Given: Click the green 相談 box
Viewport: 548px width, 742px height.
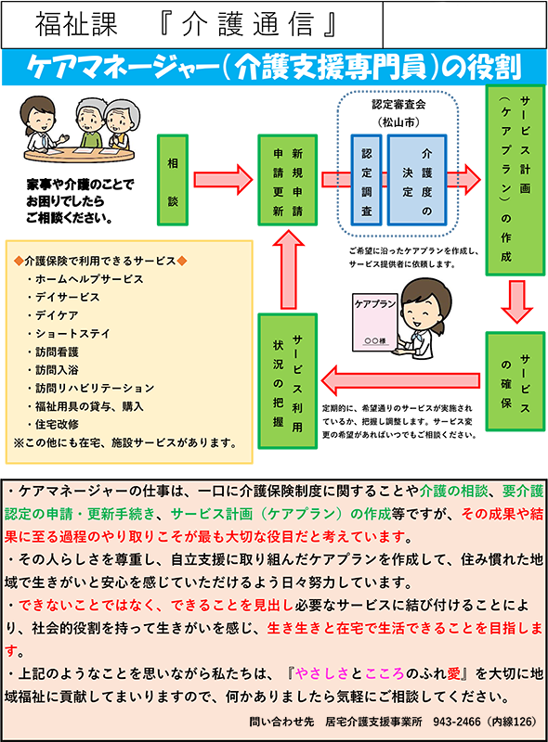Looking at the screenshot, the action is click(x=173, y=180).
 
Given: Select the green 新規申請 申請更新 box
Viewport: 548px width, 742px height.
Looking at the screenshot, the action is click(x=287, y=180).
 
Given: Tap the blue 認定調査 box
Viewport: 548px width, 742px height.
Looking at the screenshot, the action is click(x=366, y=180).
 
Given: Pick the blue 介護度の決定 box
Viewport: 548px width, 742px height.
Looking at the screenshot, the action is click(x=417, y=180).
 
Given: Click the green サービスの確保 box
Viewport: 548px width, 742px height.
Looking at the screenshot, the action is click(x=515, y=381).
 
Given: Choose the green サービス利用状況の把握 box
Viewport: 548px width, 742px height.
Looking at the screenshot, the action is click(x=287, y=381).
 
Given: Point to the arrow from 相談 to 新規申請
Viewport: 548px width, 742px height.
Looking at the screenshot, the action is click(x=223, y=180).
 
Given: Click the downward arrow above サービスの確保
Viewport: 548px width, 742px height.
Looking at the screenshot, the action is click(x=516, y=302).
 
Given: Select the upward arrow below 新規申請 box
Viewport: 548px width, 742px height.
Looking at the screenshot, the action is click(x=288, y=270).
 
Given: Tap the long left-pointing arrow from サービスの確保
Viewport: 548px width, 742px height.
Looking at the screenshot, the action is click(x=400, y=380).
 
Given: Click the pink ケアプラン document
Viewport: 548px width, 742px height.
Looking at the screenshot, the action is click(x=374, y=323).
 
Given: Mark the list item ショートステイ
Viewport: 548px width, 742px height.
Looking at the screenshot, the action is click(x=72, y=334).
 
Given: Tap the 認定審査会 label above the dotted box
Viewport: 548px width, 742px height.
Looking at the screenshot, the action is click(x=398, y=105).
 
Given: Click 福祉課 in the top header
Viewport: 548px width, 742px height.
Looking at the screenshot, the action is click(x=76, y=25).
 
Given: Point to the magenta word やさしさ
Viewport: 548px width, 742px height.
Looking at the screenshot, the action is click(x=322, y=673).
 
